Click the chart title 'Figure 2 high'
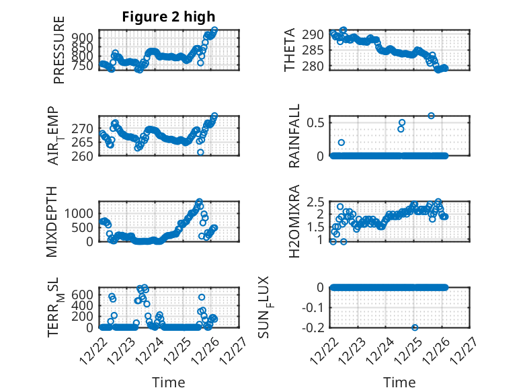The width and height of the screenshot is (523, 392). tap(169, 16)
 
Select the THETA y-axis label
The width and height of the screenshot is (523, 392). tap(290, 50)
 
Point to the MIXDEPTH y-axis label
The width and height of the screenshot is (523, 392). tap(52, 221)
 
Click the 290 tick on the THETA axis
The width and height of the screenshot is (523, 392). tap(319, 34)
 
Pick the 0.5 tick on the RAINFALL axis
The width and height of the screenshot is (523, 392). tap(317, 122)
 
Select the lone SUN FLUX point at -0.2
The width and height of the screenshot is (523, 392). tap(415, 327)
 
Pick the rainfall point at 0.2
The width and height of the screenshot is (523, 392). tap(341, 143)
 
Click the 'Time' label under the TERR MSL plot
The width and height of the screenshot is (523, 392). tap(169, 382)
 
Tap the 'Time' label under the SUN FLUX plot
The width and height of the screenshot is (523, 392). tap(400, 382)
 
